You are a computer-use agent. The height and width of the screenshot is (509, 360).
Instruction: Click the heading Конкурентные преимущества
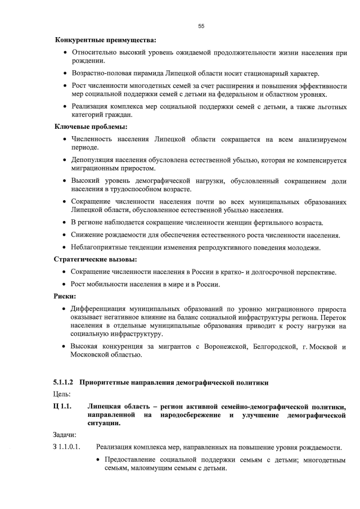tap(105, 40)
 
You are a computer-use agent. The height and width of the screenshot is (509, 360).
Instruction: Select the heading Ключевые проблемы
tap(90, 127)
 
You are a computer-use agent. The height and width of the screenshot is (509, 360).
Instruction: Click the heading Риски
tap(65, 296)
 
